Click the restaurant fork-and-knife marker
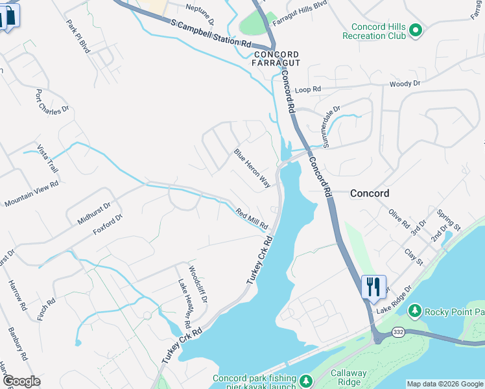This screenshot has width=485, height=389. pyautogui.click(x=373, y=287)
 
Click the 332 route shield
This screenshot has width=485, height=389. pyautogui.click(x=399, y=332)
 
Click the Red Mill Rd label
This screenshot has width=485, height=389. pyautogui.click(x=252, y=218)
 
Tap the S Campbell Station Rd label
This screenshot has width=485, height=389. pyautogui.click(x=211, y=32)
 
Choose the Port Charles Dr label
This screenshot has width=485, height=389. pyautogui.click(x=52, y=102)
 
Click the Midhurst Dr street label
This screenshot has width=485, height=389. pyautogui.click(x=95, y=212)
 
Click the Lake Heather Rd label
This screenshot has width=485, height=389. pyautogui.click(x=184, y=303)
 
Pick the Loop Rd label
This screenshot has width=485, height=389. pyautogui.click(x=308, y=89)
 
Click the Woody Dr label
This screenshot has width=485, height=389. pyautogui.click(x=405, y=84)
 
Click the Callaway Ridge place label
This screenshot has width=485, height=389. pyautogui.click(x=349, y=378)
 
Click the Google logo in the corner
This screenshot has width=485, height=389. pyautogui.click(x=21, y=381)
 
